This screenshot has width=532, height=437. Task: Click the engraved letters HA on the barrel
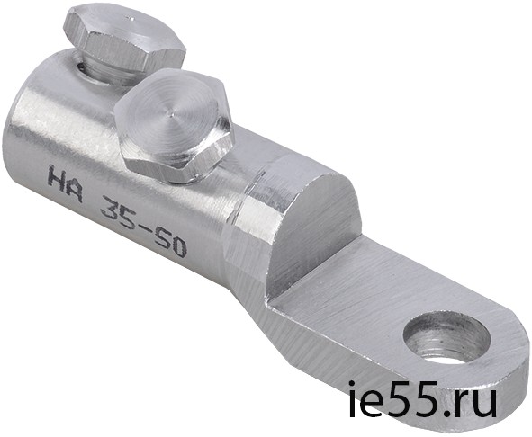pos(66,183)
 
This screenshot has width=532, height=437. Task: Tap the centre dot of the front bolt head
pos(173,114)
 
